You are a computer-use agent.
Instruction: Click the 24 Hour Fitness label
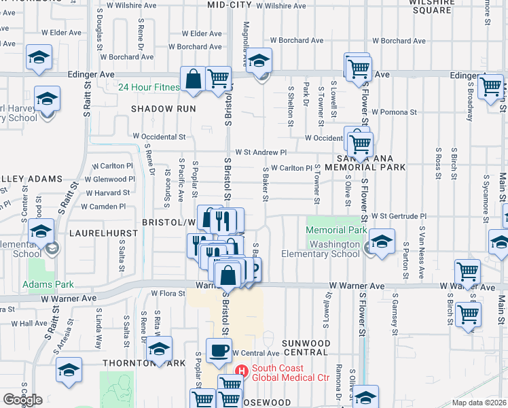(x=149, y=87)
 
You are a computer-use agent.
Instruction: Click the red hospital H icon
(x=240, y=370)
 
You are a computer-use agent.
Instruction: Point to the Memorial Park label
(x=331, y=231)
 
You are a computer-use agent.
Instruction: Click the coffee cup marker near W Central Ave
(x=219, y=351)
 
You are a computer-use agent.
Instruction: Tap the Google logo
(x=22, y=400)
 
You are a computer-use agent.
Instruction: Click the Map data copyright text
(x=479, y=403)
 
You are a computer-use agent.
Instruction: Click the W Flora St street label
(x=168, y=294)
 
